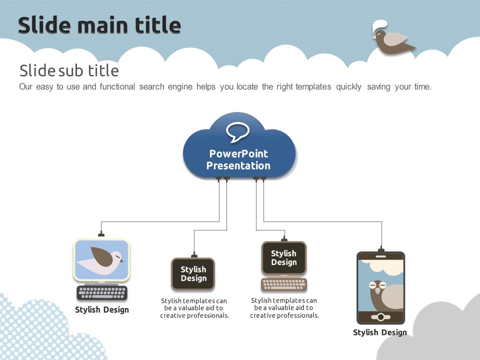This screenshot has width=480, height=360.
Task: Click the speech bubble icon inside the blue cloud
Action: (x=237, y=131)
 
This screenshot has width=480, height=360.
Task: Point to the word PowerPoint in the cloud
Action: (x=238, y=153)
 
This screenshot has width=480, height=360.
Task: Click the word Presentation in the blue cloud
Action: (x=238, y=165)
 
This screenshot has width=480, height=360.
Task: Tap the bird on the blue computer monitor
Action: (x=100, y=260)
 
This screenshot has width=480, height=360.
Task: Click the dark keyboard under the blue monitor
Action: (x=102, y=292)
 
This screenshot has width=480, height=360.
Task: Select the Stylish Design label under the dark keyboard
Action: (x=102, y=310)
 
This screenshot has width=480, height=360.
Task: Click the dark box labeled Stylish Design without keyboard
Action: (x=193, y=274)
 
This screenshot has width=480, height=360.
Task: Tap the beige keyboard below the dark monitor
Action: (x=284, y=284)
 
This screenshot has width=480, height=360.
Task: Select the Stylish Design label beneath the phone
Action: (x=380, y=332)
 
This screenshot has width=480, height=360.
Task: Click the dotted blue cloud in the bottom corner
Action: (x=43, y=330)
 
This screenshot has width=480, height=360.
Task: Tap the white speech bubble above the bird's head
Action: (x=379, y=25)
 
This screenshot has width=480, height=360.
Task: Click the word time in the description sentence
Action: (x=422, y=87)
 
